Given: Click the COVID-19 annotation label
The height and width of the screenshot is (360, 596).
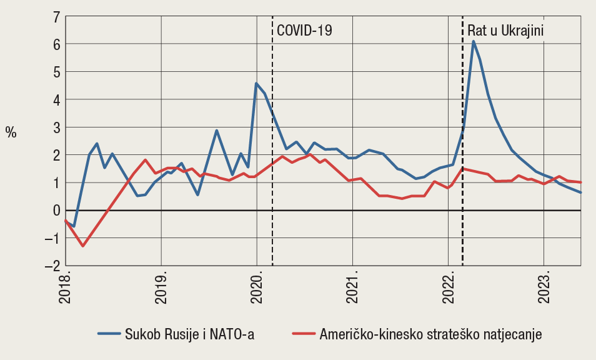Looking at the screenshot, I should pyautogui.click(x=304, y=31).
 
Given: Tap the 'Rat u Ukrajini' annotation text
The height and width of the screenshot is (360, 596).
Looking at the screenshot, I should pyautogui.click(x=506, y=31).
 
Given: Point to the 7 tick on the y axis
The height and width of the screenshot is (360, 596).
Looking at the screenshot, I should pyautogui.click(x=55, y=16).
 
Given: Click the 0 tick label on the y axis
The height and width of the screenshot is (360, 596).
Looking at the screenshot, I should pyautogui.click(x=55, y=211).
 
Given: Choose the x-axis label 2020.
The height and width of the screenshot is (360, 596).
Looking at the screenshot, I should pyautogui.click(x=257, y=287).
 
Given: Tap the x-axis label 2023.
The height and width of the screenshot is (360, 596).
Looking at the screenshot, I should pyautogui.click(x=544, y=287).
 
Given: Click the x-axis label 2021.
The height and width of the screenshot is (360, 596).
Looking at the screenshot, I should pyautogui.click(x=352, y=287).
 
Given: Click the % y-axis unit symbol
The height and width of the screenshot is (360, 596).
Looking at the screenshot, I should pyautogui.click(x=11, y=132).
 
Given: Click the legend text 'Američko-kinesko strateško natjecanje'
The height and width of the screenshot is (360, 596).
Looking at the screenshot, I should pyautogui.click(x=430, y=334).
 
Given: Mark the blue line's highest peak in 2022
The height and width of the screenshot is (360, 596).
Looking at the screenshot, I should pyautogui.click(x=474, y=41).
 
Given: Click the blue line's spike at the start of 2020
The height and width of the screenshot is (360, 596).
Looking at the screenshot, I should pyautogui.click(x=256, y=83).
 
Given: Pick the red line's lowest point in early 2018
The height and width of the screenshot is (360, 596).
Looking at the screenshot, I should pyautogui.click(x=82, y=246).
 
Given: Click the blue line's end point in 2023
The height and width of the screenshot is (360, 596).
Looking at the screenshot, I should pyautogui.click(x=581, y=192).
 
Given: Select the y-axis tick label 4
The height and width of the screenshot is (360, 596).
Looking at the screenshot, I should pyautogui.click(x=55, y=99).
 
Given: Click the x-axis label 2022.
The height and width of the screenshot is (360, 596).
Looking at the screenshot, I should pyautogui.click(x=448, y=287).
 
